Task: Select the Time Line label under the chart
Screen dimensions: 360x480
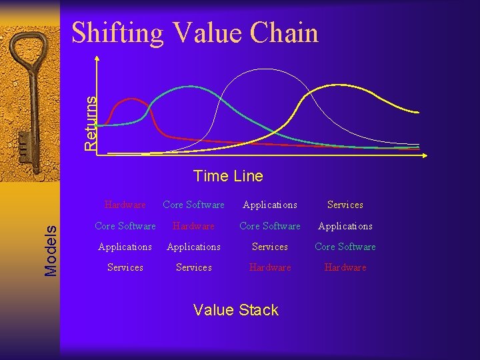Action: click(x=228, y=177)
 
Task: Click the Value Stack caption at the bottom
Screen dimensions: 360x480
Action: click(x=235, y=310)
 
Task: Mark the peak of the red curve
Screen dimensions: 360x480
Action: click(x=133, y=99)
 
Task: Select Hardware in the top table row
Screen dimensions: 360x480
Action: click(x=125, y=205)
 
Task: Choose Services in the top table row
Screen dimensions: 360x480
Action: click(x=345, y=205)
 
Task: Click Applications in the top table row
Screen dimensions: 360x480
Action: click(x=270, y=205)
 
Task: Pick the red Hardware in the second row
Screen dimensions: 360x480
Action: click(x=193, y=226)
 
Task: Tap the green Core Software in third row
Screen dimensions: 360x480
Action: click(x=345, y=247)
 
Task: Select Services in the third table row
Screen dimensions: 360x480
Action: click(x=270, y=247)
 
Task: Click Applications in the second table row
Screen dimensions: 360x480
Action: click(x=345, y=226)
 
